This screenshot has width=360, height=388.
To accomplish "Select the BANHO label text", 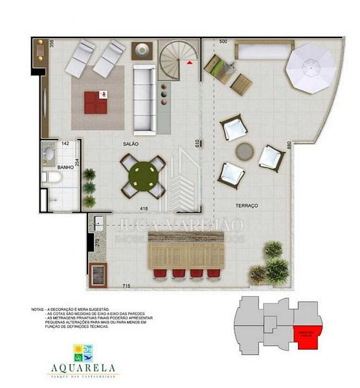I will (65, 167).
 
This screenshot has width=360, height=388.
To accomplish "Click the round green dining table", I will (142, 175).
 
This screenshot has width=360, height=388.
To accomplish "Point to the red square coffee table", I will (98, 102).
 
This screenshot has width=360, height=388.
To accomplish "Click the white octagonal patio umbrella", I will (309, 67).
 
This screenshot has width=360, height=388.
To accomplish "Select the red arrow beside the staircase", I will (189, 63).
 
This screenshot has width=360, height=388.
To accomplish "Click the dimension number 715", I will (129, 285).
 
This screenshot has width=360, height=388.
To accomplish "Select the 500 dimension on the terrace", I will (223, 42).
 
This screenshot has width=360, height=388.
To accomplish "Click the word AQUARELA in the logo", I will (83, 369).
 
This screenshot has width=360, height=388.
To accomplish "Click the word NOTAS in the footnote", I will (38, 310).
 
